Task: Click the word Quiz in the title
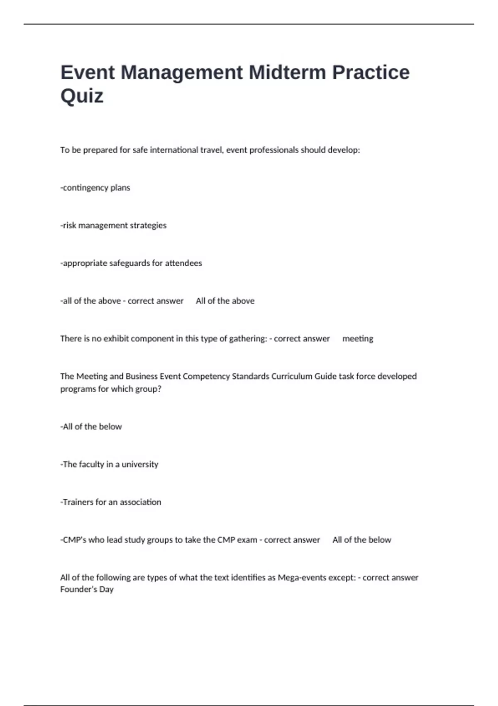[82, 96]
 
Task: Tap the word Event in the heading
[88, 72]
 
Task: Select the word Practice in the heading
[371, 72]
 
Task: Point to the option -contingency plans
[95, 188]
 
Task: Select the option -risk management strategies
[113, 226]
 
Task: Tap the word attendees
[183, 263]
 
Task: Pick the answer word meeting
[358, 339]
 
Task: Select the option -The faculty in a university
[110, 464]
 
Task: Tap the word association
[140, 502]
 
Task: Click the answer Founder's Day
[87, 589]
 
